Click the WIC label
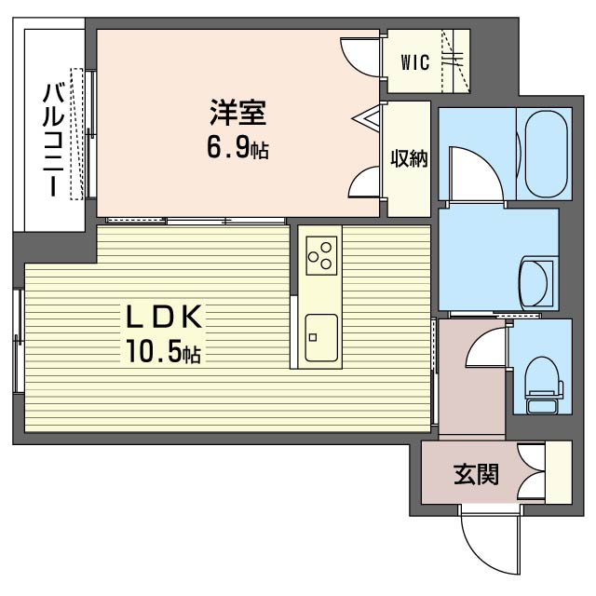(x=415, y=62)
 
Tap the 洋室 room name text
(x=237, y=112)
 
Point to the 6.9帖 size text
(x=237, y=148)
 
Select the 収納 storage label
(x=409, y=158)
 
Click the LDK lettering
(x=164, y=317)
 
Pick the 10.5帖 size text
(x=164, y=351)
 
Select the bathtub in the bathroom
(x=546, y=154)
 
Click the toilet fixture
(x=542, y=385)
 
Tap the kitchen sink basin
(x=321, y=337)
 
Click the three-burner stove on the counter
(x=321, y=256)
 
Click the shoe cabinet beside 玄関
(x=559, y=472)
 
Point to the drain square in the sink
(x=313, y=337)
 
